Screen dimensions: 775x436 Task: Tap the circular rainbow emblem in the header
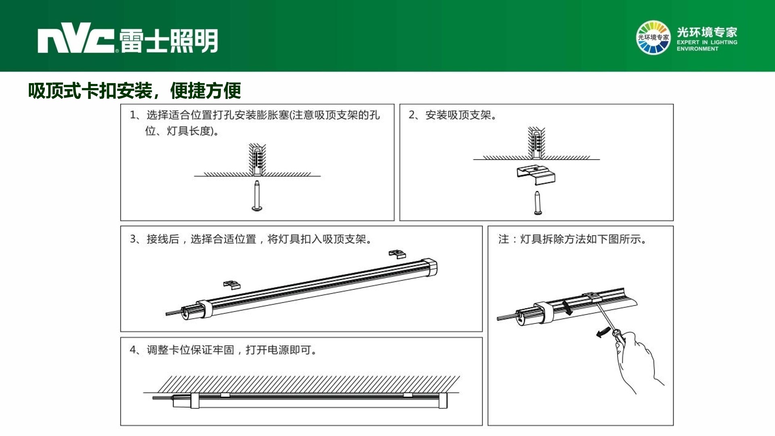pyautogui.click(x=653, y=38)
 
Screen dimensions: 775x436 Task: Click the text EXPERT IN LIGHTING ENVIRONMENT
pyautogui.click(x=707, y=45)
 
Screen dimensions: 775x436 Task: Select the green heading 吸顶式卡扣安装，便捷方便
pyautogui.click(x=134, y=90)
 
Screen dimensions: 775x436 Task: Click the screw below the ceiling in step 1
pyautogui.click(x=257, y=196)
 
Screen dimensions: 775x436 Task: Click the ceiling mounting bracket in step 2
pyautogui.click(x=536, y=175)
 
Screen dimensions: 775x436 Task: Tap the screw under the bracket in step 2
pyautogui.click(x=538, y=203)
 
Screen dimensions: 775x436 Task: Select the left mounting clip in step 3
pyautogui.click(x=232, y=285)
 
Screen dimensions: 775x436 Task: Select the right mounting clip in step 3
pyautogui.click(x=397, y=254)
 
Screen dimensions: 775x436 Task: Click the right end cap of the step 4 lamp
pyautogui.click(x=443, y=400)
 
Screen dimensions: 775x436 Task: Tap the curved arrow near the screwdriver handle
pyautogui.click(x=603, y=332)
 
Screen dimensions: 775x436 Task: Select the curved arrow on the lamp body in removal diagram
pyautogui.click(x=568, y=307)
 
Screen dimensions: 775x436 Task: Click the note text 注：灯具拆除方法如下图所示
pyautogui.click(x=573, y=239)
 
